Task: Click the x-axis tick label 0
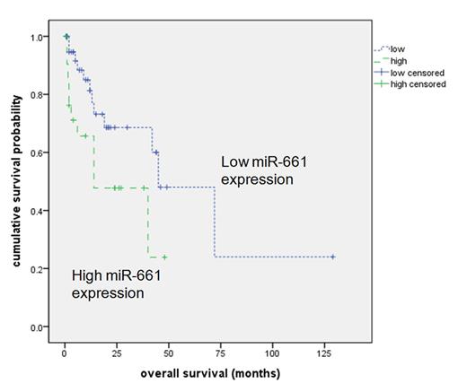65,349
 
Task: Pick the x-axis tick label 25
116,349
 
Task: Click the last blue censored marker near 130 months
333,257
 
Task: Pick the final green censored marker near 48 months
164,257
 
